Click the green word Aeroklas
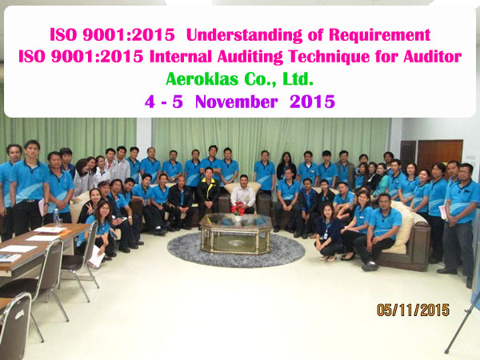coord(202,79)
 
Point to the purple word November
coord(237,102)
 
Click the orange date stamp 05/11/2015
coord(413,310)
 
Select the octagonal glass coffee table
coord(236,234)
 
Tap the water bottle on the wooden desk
coord(56,217)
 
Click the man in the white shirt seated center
coord(243,194)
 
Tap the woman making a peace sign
coord(93,205)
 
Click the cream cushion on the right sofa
coord(402,227)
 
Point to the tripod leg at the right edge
coord(462,325)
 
